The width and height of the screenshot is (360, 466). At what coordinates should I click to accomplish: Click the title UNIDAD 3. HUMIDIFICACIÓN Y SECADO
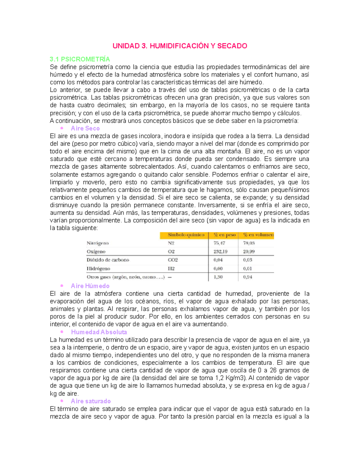coord(180,46)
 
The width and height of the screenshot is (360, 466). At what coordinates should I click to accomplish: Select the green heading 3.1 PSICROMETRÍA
coord(80,59)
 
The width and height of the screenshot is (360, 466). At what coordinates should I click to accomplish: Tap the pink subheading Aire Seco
coord(85,128)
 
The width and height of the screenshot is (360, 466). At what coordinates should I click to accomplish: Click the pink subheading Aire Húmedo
coord(90,286)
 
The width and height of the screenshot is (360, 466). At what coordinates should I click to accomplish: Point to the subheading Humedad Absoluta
coord(99,332)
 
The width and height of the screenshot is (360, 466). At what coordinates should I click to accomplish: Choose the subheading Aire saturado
coord(91,401)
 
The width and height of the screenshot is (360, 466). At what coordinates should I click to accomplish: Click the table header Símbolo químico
coord(186,235)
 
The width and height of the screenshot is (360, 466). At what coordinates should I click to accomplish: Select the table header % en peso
coord(224,235)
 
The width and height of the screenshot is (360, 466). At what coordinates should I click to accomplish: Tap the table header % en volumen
coord(258,235)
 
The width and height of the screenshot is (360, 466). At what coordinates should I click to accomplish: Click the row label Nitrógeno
coord(97,243)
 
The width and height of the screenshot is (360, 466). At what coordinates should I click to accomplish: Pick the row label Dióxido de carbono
coord(108,260)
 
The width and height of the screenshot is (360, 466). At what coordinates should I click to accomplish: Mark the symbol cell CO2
coord(173,260)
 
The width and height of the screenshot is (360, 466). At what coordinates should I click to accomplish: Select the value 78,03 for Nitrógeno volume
coord(249,243)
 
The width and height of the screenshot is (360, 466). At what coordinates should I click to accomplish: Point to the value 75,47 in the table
coord(219,243)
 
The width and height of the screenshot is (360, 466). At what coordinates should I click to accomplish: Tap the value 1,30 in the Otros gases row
coord(218,277)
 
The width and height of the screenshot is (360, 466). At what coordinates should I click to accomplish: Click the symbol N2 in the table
coord(171,243)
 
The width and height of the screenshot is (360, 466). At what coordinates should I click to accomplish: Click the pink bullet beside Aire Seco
coord(62,128)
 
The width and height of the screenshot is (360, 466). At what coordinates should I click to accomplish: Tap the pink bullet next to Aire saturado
coord(62,401)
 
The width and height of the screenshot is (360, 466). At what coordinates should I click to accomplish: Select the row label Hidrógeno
coord(98,269)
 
